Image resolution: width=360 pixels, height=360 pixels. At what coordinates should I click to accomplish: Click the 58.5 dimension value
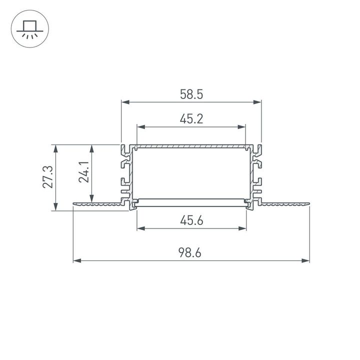coord(191,94)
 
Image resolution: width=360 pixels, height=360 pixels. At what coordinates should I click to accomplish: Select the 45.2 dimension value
coord(191,119)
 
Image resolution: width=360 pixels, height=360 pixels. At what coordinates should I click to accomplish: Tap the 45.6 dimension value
coord(191,220)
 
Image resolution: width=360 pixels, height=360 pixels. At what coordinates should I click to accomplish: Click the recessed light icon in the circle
coord(29,29)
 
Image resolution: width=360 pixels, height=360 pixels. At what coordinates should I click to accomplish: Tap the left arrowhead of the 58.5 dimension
coord(125,102)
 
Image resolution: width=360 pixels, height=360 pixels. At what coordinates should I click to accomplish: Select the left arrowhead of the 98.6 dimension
coord(77,260)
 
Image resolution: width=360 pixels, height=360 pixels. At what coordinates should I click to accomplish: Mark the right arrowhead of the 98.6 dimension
coord(306,260)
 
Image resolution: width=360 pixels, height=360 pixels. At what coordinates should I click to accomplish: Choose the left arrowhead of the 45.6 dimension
coord(140,228)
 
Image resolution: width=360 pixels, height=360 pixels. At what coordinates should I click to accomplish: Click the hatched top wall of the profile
coord(191,147)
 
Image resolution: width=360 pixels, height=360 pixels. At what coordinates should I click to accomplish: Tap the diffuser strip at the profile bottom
coord(191,202)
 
